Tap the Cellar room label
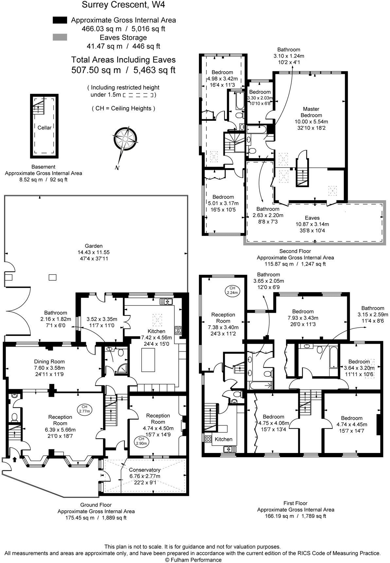(x=44, y=128)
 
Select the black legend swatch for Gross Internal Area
(x=60, y=20)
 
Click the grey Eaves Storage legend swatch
(x=60, y=37)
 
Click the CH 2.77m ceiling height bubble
(x=85, y=409)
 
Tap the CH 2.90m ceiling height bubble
(x=141, y=441)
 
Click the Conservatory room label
(x=145, y=470)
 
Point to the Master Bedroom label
(x=311, y=112)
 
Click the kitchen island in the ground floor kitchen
(x=148, y=360)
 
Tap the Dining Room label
(x=49, y=361)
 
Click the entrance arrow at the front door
(x=14, y=459)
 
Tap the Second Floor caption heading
(x=295, y=251)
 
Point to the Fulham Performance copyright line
(x=193, y=560)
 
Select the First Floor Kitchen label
(x=223, y=439)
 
